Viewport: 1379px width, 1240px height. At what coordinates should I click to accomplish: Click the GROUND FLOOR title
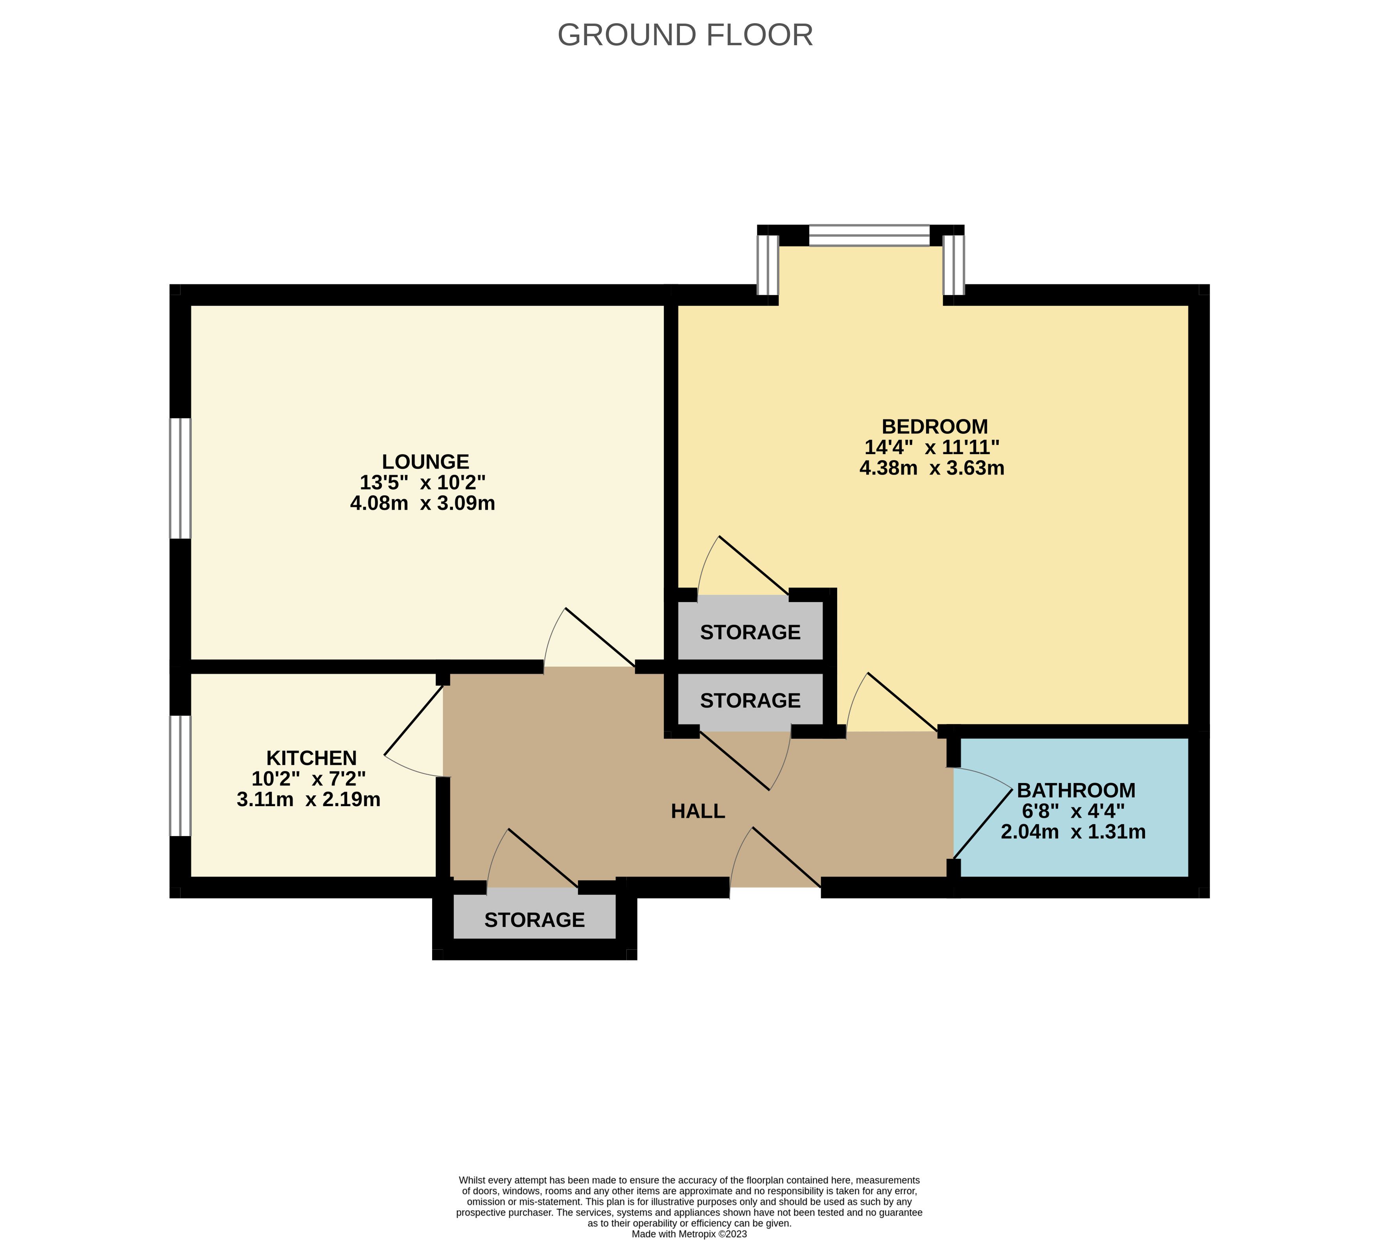(x=685, y=35)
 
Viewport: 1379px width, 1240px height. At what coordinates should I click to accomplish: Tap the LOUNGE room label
(x=425, y=462)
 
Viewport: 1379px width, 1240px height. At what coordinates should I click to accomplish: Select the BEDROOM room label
(x=935, y=426)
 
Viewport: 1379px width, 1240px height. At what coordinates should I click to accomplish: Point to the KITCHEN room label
(x=311, y=757)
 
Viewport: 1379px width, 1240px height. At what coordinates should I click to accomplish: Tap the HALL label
(x=698, y=811)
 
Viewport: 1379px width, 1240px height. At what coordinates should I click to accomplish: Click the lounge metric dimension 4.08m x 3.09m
(x=422, y=503)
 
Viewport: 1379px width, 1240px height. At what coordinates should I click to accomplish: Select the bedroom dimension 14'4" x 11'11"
(x=932, y=448)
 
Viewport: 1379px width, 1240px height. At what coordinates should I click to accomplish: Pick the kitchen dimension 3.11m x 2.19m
(x=309, y=799)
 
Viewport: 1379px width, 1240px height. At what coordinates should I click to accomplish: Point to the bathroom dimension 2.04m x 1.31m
(x=1073, y=832)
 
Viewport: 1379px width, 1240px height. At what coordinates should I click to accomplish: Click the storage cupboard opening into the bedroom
(x=750, y=628)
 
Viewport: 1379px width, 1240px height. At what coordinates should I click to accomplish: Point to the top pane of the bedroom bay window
(x=869, y=236)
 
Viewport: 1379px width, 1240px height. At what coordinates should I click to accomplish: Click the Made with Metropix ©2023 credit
(x=690, y=1234)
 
